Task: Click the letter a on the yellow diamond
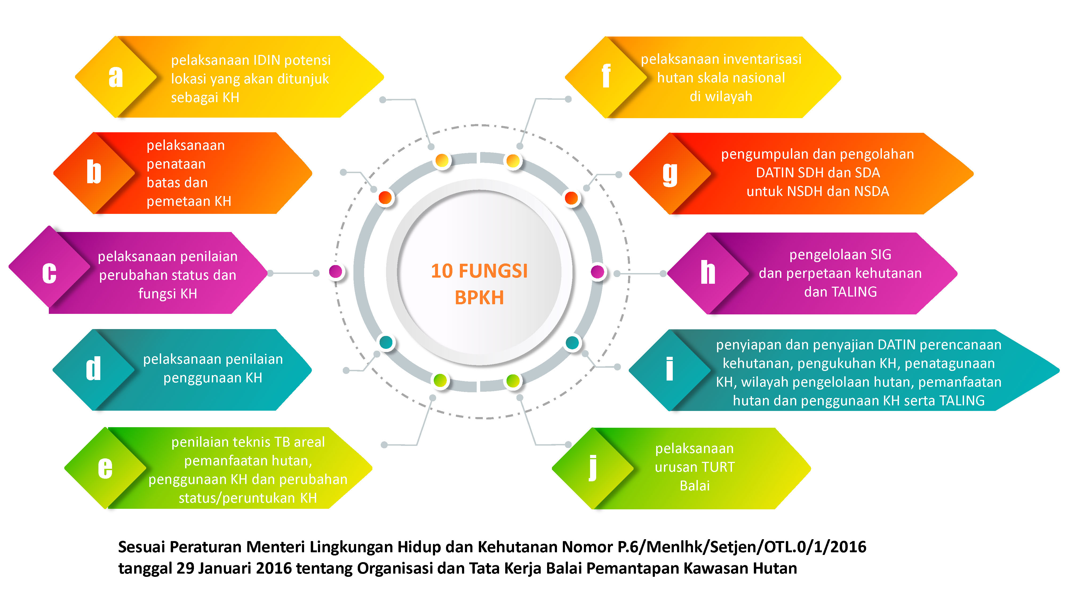(x=116, y=77)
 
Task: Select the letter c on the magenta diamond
(x=49, y=273)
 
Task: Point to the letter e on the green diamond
(x=105, y=468)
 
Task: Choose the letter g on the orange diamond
(x=670, y=174)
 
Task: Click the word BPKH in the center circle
(x=479, y=298)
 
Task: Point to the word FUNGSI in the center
(x=493, y=271)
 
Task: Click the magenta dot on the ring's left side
(x=336, y=272)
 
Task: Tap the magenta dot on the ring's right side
(x=597, y=272)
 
